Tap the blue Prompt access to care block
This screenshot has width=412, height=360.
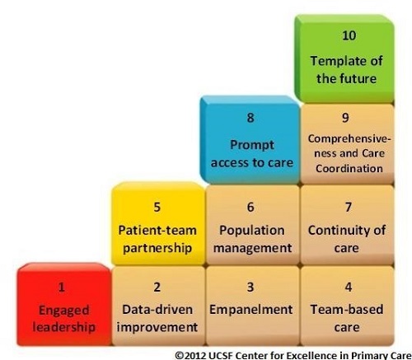(x=250, y=140)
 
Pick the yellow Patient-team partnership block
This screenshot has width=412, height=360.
(x=157, y=227)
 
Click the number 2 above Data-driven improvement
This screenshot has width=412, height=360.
(x=157, y=288)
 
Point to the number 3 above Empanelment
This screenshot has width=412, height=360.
(x=250, y=288)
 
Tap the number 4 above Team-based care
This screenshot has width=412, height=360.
(x=348, y=288)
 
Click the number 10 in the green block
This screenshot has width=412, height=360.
(x=349, y=36)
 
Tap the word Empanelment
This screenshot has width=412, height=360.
(x=250, y=310)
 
